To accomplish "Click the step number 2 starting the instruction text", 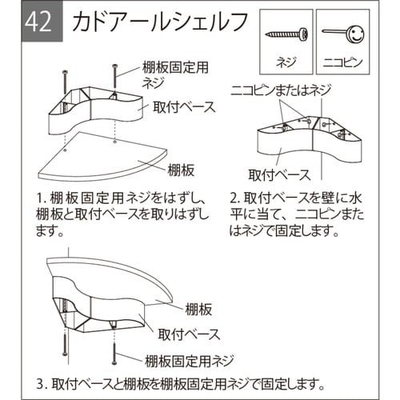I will pos(234,197).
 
